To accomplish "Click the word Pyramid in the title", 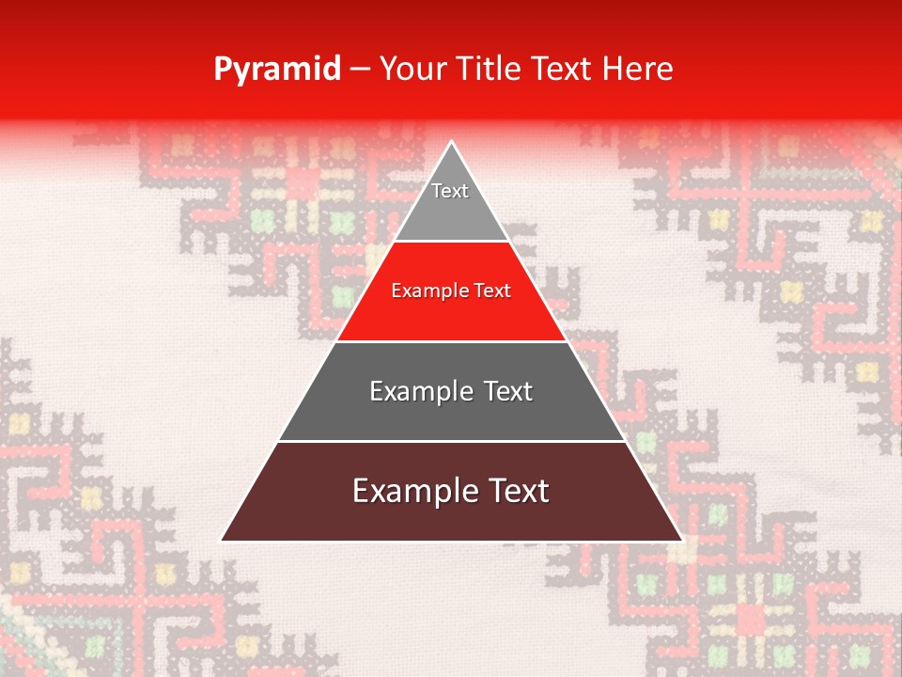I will pyautogui.click(x=277, y=70).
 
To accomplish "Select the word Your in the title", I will pyautogui.click(x=413, y=69).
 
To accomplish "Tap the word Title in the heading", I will pyautogui.click(x=490, y=69).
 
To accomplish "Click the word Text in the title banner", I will pyautogui.click(x=561, y=69).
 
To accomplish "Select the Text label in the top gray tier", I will pyautogui.click(x=450, y=191).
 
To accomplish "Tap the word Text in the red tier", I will pyautogui.click(x=491, y=291).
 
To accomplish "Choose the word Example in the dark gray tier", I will pyautogui.click(x=419, y=391).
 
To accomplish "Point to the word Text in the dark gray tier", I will pyautogui.click(x=508, y=391).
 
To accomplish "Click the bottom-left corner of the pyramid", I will pyautogui.click(x=222, y=541).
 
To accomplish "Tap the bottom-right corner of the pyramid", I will pyautogui.click(x=681, y=541).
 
